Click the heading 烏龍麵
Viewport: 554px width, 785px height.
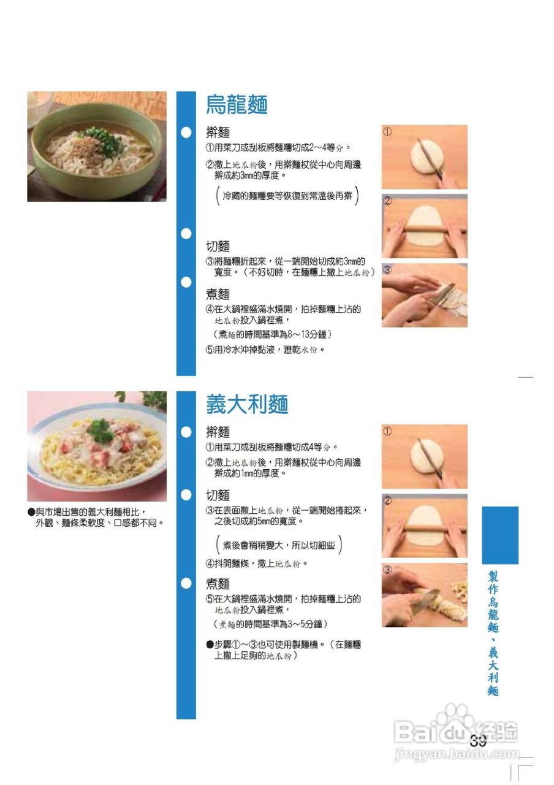(x=237, y=105)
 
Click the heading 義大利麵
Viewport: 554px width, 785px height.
(x=247, y=405)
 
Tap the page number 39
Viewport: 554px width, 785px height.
(x=478, y=741)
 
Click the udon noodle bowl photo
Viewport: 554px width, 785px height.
(x=96, y=147)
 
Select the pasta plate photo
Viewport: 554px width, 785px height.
(x=96, y=446)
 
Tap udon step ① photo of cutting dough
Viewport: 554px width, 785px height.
(x=424, y=157)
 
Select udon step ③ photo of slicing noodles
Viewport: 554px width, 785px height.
(x=424, y=296)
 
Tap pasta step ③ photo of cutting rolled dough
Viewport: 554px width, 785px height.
(x=424, y=595)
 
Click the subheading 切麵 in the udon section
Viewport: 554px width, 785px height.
(x=218, y=247)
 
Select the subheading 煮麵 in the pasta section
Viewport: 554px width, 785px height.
(x=218, y=583)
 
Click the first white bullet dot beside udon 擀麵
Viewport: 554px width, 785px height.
(x=186, y=132)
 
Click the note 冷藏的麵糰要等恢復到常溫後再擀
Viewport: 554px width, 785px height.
(x=287, y=196)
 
